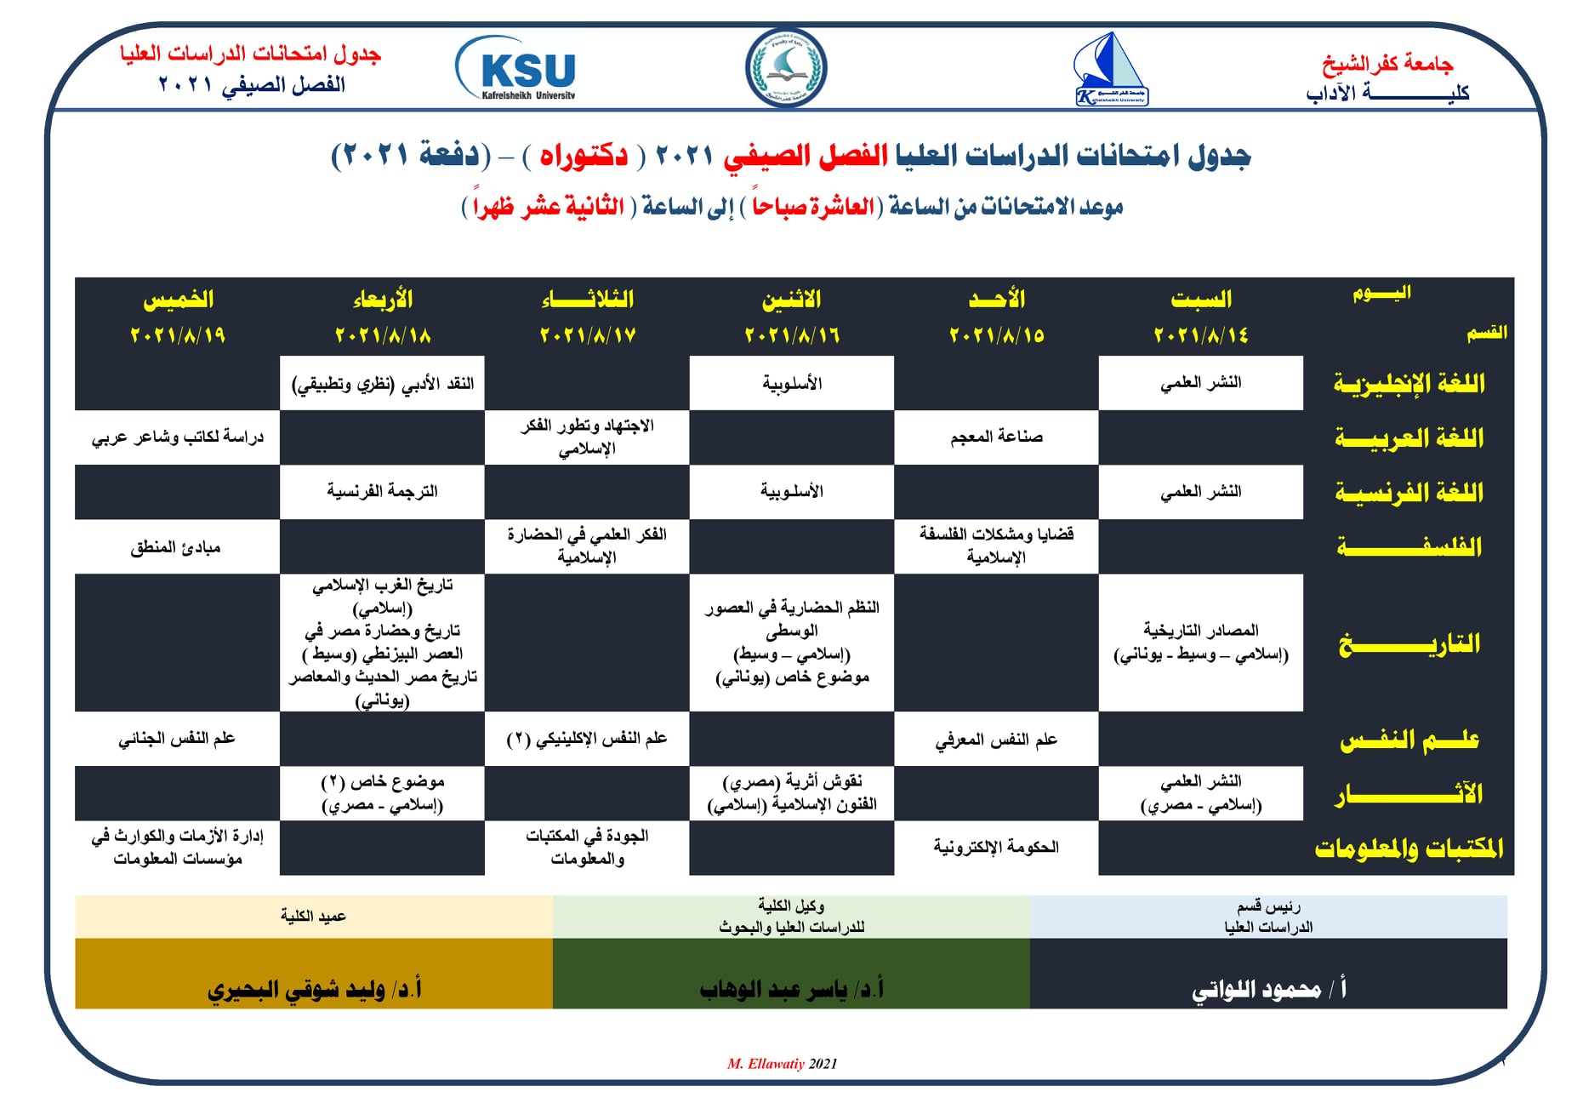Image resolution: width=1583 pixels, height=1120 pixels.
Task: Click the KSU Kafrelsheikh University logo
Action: point(516,68)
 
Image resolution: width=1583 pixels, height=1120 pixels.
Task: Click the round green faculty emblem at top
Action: point(785,67)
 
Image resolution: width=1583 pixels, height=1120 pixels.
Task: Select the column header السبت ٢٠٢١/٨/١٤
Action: point(1200,317)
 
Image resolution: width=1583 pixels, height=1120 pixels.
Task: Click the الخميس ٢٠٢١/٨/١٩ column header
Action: point(177,317)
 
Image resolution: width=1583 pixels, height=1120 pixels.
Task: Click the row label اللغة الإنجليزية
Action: point(1409,384)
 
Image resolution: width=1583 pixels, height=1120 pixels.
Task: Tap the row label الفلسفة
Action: point(1409,546)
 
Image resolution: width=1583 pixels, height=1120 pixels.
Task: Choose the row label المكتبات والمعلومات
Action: point(1409,848)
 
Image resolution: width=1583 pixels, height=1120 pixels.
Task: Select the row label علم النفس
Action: point(1409,740)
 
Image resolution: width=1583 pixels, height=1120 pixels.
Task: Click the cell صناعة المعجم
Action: point(996,437)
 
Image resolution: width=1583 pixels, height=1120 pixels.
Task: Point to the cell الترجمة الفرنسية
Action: point(382,492)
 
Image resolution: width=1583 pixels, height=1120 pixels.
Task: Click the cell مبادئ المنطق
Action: point(176,547)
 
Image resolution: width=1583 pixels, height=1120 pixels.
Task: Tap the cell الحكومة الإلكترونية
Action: point(996,848)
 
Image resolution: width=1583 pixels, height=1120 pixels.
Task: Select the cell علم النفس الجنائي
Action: point(177,739)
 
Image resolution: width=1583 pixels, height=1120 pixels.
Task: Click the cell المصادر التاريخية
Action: point(1200,643)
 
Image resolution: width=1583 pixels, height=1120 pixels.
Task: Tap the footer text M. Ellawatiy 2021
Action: point(782,1064)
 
